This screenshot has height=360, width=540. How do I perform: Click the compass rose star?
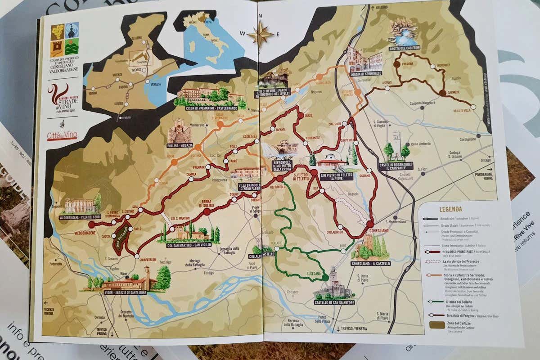260,35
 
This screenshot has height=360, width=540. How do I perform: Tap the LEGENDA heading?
450,209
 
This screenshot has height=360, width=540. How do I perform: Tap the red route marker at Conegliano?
370,224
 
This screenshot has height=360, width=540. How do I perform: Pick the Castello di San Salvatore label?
335,302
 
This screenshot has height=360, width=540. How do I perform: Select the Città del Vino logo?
62,135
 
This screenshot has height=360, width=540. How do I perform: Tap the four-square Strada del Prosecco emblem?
64,39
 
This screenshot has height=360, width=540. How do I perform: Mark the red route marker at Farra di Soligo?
207,211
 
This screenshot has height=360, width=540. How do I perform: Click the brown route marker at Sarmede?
442,93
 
